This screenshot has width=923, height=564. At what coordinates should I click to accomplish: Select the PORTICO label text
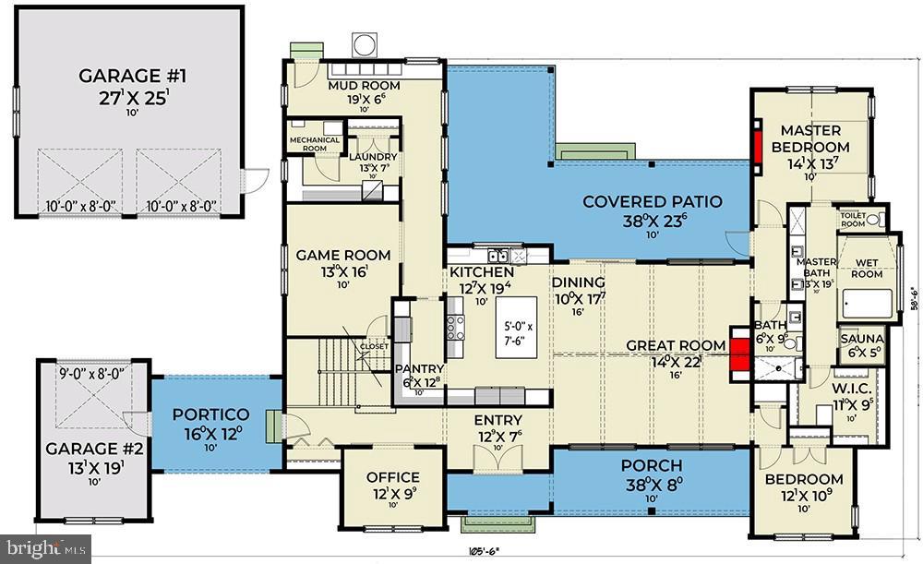point(211,414)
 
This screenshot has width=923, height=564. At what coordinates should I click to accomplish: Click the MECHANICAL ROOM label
point(315,143)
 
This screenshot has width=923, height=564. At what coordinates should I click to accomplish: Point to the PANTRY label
point(420,370)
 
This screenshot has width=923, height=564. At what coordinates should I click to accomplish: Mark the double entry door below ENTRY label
point(497,456)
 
